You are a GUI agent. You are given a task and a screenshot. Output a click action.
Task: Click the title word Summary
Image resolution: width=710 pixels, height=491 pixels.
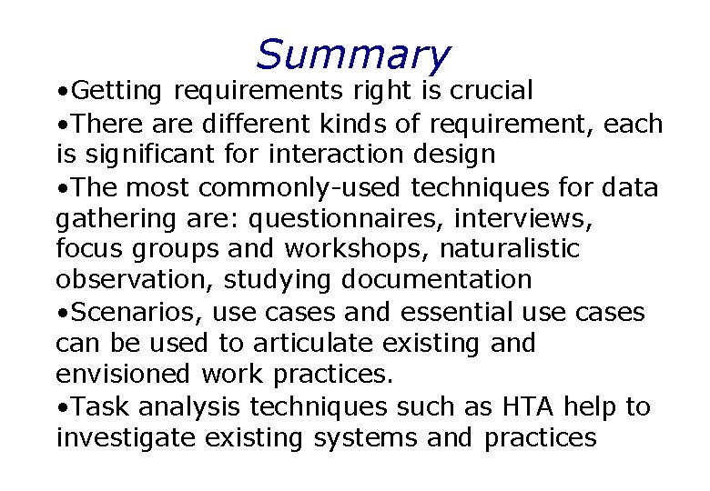(353, 55)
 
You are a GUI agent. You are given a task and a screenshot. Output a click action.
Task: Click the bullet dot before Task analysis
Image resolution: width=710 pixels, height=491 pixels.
(61, 407)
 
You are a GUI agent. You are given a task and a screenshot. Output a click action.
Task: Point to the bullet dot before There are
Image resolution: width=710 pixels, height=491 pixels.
(61, 124)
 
